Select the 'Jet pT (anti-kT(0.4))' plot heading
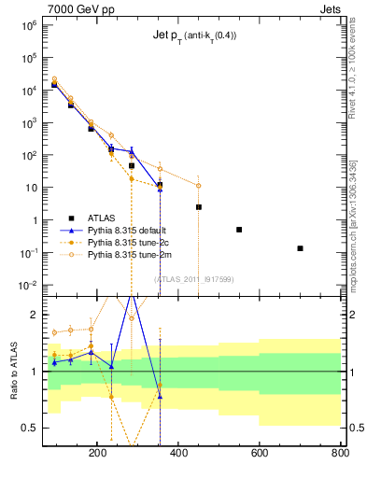click(x=193, y=36)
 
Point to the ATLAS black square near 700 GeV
click(x=300, y=248)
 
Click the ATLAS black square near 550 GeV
click(x=239, y=230)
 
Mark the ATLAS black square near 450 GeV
click(x=199, y=207)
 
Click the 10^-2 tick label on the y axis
click(x=26, y=286)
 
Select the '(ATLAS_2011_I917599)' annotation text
click(x=194, y=278)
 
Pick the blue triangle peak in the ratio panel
click(x=132, y=295)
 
